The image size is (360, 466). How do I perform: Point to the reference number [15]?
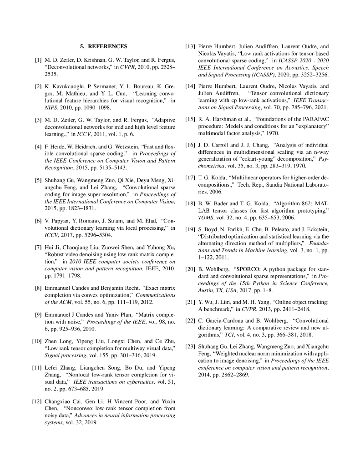190,120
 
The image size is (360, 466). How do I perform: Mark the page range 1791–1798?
59,276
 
